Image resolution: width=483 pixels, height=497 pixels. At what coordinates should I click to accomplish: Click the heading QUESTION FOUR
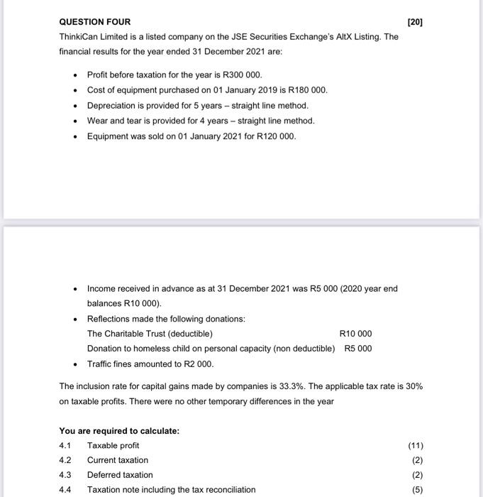coord(94,22)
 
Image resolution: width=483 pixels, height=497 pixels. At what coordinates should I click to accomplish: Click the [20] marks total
coord(415,22)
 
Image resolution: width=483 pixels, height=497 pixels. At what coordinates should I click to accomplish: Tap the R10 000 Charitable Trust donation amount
coord(355,334)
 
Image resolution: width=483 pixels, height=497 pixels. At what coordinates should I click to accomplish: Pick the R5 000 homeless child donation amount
coord(357,349)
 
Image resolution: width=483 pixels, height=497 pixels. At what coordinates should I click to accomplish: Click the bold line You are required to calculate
coord(119,431)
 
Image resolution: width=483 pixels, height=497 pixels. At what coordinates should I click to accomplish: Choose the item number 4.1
coord(66,446)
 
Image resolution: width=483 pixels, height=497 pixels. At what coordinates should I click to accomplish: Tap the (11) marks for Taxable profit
coord(416,446)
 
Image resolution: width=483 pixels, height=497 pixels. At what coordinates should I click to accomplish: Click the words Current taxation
coord(118,460)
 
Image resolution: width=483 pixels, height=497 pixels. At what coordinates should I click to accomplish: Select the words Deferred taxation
coord(120,475)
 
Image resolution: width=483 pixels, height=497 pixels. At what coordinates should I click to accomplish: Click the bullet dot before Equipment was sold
coord(75,136)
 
